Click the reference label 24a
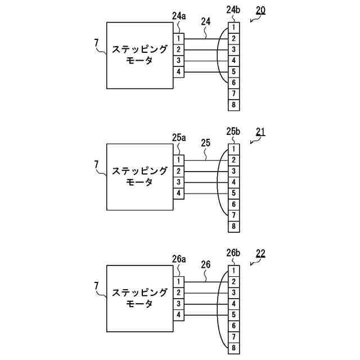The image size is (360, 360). [179, 16]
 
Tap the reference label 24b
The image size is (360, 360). [232, 10]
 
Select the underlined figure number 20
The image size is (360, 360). [260, 10]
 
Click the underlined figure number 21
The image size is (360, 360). [260, 132]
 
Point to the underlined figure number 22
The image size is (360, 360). [260, 254]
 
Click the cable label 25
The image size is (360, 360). [205, 143]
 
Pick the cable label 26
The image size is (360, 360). [205, 264]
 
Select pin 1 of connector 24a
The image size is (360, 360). [178, 38]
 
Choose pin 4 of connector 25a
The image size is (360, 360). [178, 193]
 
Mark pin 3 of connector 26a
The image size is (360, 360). [178, 304]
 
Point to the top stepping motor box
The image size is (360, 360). [139, 55]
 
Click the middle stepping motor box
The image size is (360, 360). [139, 177]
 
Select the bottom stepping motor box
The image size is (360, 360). [139, 298]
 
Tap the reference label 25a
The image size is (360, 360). [179, 137]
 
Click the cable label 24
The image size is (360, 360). [205, 21]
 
